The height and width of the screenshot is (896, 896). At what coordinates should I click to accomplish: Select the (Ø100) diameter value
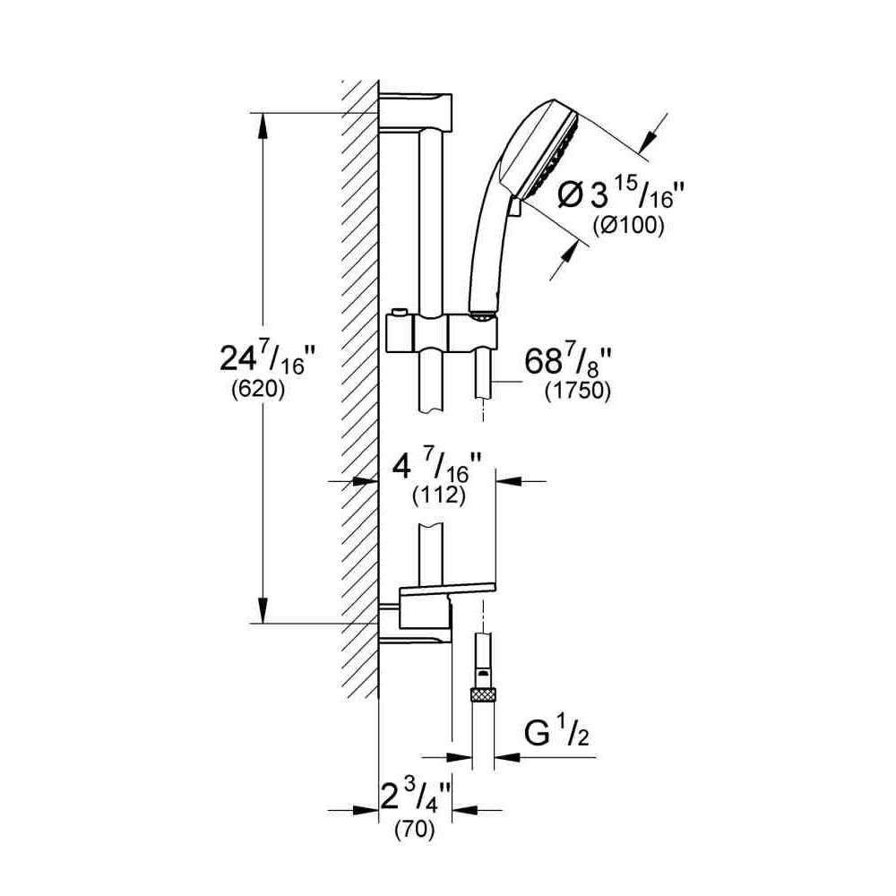(629, 226)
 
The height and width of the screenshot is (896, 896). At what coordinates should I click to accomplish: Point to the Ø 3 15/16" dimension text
(621, 194)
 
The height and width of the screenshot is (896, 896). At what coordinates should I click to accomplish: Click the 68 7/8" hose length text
(568, 360)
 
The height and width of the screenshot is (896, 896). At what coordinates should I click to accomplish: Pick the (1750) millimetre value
(578, 392)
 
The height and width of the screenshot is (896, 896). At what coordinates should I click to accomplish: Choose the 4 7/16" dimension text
(437, 467)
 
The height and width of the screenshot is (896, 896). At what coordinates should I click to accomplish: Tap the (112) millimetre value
(439, 495)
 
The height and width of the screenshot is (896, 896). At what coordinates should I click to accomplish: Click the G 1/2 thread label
(556, 733)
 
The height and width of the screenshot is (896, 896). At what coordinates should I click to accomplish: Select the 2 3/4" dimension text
(416, 796)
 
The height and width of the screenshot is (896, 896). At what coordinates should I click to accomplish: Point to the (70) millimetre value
(415, 829)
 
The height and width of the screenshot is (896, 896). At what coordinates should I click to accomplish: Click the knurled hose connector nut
(484, 695)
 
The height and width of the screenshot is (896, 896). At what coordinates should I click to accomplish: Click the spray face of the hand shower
(550, 157)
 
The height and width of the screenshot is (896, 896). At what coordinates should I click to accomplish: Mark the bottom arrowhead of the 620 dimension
(263, 611)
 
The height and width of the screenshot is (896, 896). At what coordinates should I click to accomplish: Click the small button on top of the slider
(399, 312)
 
